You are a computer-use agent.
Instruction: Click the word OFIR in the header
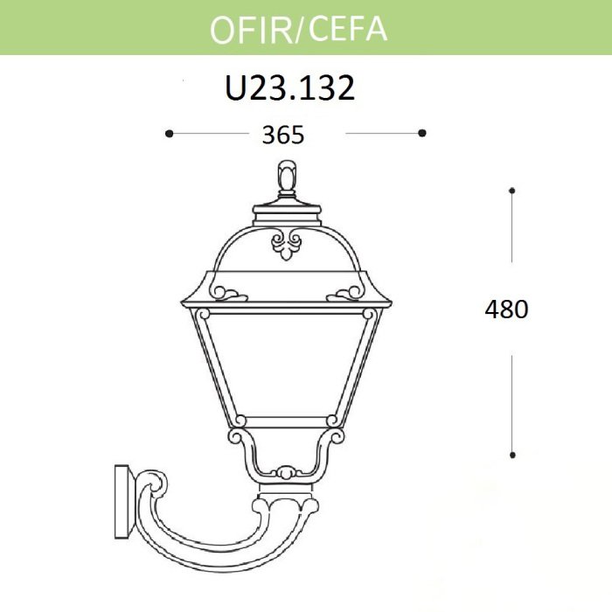(251, 30)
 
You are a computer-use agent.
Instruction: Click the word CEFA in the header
(348, 29)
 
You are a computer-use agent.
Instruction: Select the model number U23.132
(290, 87)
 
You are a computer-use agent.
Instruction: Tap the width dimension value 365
(282, 135)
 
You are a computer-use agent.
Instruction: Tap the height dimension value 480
(506, 309)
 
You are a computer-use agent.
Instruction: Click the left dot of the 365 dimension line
(169, 134)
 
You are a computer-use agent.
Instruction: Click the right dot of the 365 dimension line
(421, 133)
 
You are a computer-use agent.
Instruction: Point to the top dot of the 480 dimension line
(512, 191)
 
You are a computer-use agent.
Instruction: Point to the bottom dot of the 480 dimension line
(512, 455)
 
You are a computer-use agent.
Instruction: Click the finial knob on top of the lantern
(287, 177)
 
